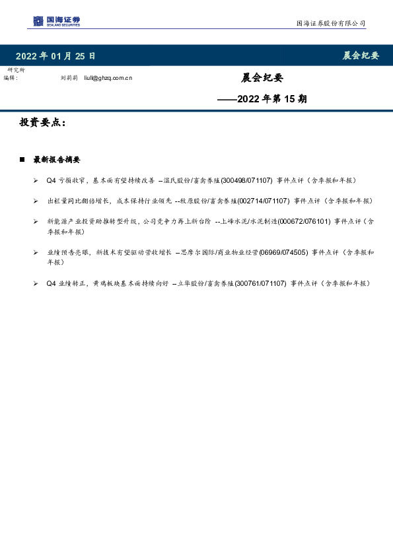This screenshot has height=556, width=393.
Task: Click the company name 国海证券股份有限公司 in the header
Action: coord(330,23)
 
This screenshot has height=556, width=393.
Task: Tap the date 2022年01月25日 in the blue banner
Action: coord(55,55)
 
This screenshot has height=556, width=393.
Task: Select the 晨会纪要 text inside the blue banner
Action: coord(361,55)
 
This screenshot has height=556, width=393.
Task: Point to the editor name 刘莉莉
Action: coord(69,78)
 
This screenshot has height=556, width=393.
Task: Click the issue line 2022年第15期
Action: coord(262,100)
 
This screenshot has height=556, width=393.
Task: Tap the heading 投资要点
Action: coord(42,123)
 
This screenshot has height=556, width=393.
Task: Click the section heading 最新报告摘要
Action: coord(56,160)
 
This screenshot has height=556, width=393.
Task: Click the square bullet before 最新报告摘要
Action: coord(22,160)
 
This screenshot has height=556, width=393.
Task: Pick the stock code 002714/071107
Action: coord(264,201)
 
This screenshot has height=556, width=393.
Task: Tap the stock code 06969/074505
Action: coord(283,252)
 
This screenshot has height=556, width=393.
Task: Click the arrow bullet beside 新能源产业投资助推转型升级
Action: coord(36,221)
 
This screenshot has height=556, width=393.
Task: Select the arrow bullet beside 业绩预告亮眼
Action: coord(36,252)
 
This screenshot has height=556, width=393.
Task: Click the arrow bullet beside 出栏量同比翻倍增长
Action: coord(36,201)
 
